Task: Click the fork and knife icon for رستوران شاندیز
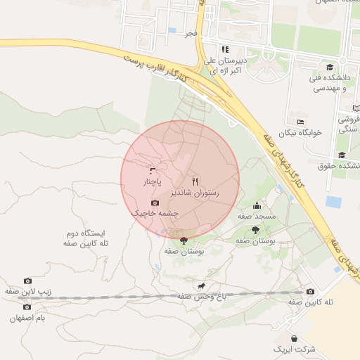tap(195, 181)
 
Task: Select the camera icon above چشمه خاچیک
tap(155, 202)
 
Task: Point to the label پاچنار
tap(153, 181)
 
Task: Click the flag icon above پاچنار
tap(153, 171)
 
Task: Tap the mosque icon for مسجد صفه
tap(257, 206)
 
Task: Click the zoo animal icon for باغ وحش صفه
tap(202, 286)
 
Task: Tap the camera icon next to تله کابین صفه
tap(310, 291)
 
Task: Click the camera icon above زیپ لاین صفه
tap(27, 281)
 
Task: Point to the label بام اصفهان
tap(27, 319)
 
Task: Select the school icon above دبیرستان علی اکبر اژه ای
tap(226, 49)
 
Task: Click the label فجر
tap(190, 33)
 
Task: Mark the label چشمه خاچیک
tap(155, 213)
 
